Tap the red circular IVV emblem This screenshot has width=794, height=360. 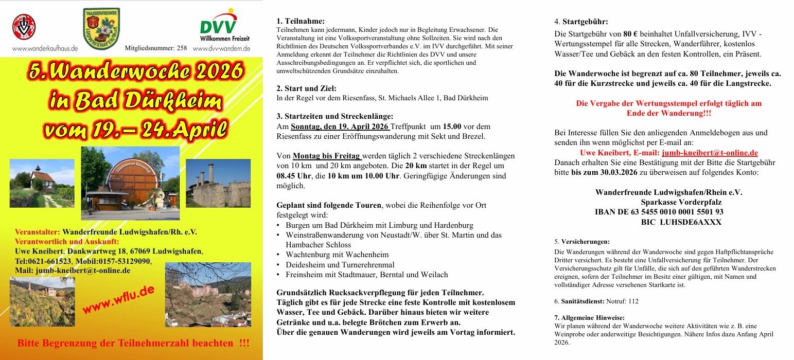[x=24, y=27]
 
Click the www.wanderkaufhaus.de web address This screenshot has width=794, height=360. [x=45, y=48]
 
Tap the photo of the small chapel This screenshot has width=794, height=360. [x=42, y=183]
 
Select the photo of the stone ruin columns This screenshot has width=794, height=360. [x=218, y=183]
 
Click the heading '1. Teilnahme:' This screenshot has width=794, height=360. [x=301, y=21]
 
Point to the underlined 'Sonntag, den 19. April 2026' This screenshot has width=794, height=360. [x=340, y=127]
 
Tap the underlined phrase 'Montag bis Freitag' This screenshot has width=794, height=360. [x=327, y=156]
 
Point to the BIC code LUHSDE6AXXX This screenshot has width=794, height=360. [x=681, y=222]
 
